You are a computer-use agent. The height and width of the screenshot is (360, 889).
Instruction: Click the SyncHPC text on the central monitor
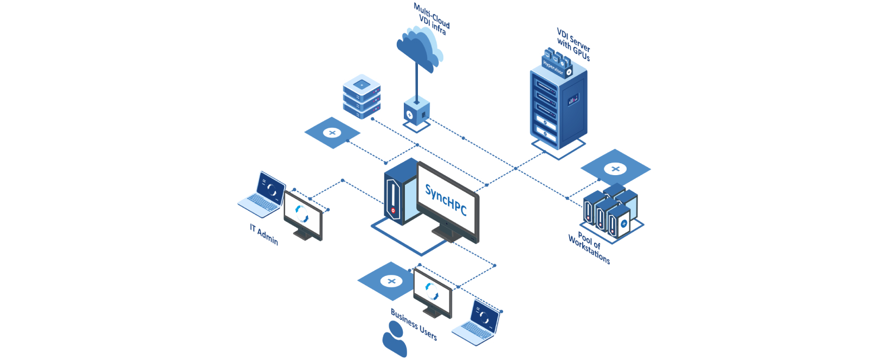tap(446, 200)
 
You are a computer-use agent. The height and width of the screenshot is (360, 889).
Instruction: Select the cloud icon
tap(419, 48)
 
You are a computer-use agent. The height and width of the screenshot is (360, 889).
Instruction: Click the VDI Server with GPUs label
tap(574, 44)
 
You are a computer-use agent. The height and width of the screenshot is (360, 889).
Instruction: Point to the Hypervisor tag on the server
tap(554, 66)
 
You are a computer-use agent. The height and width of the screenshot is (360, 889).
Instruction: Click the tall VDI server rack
tap(558, 108)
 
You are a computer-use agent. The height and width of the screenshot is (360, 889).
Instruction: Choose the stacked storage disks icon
tap(362, 96)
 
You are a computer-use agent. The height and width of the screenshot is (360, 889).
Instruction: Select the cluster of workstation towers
tap(610, 211)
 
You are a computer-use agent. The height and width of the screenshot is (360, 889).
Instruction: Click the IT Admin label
tap(264, 234)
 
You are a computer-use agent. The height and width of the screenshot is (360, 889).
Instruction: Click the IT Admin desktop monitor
tap(303, 215)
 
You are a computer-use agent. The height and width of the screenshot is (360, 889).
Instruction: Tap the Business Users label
tap(414, 324)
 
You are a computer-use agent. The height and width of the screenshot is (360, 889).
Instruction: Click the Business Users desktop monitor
tap(432, 293)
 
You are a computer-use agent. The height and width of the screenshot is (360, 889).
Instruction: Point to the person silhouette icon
tap(394, 340)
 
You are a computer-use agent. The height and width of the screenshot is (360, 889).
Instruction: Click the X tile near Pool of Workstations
tap(615, 169)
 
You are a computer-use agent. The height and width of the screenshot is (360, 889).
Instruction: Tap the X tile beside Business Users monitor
tap(390, 281)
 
